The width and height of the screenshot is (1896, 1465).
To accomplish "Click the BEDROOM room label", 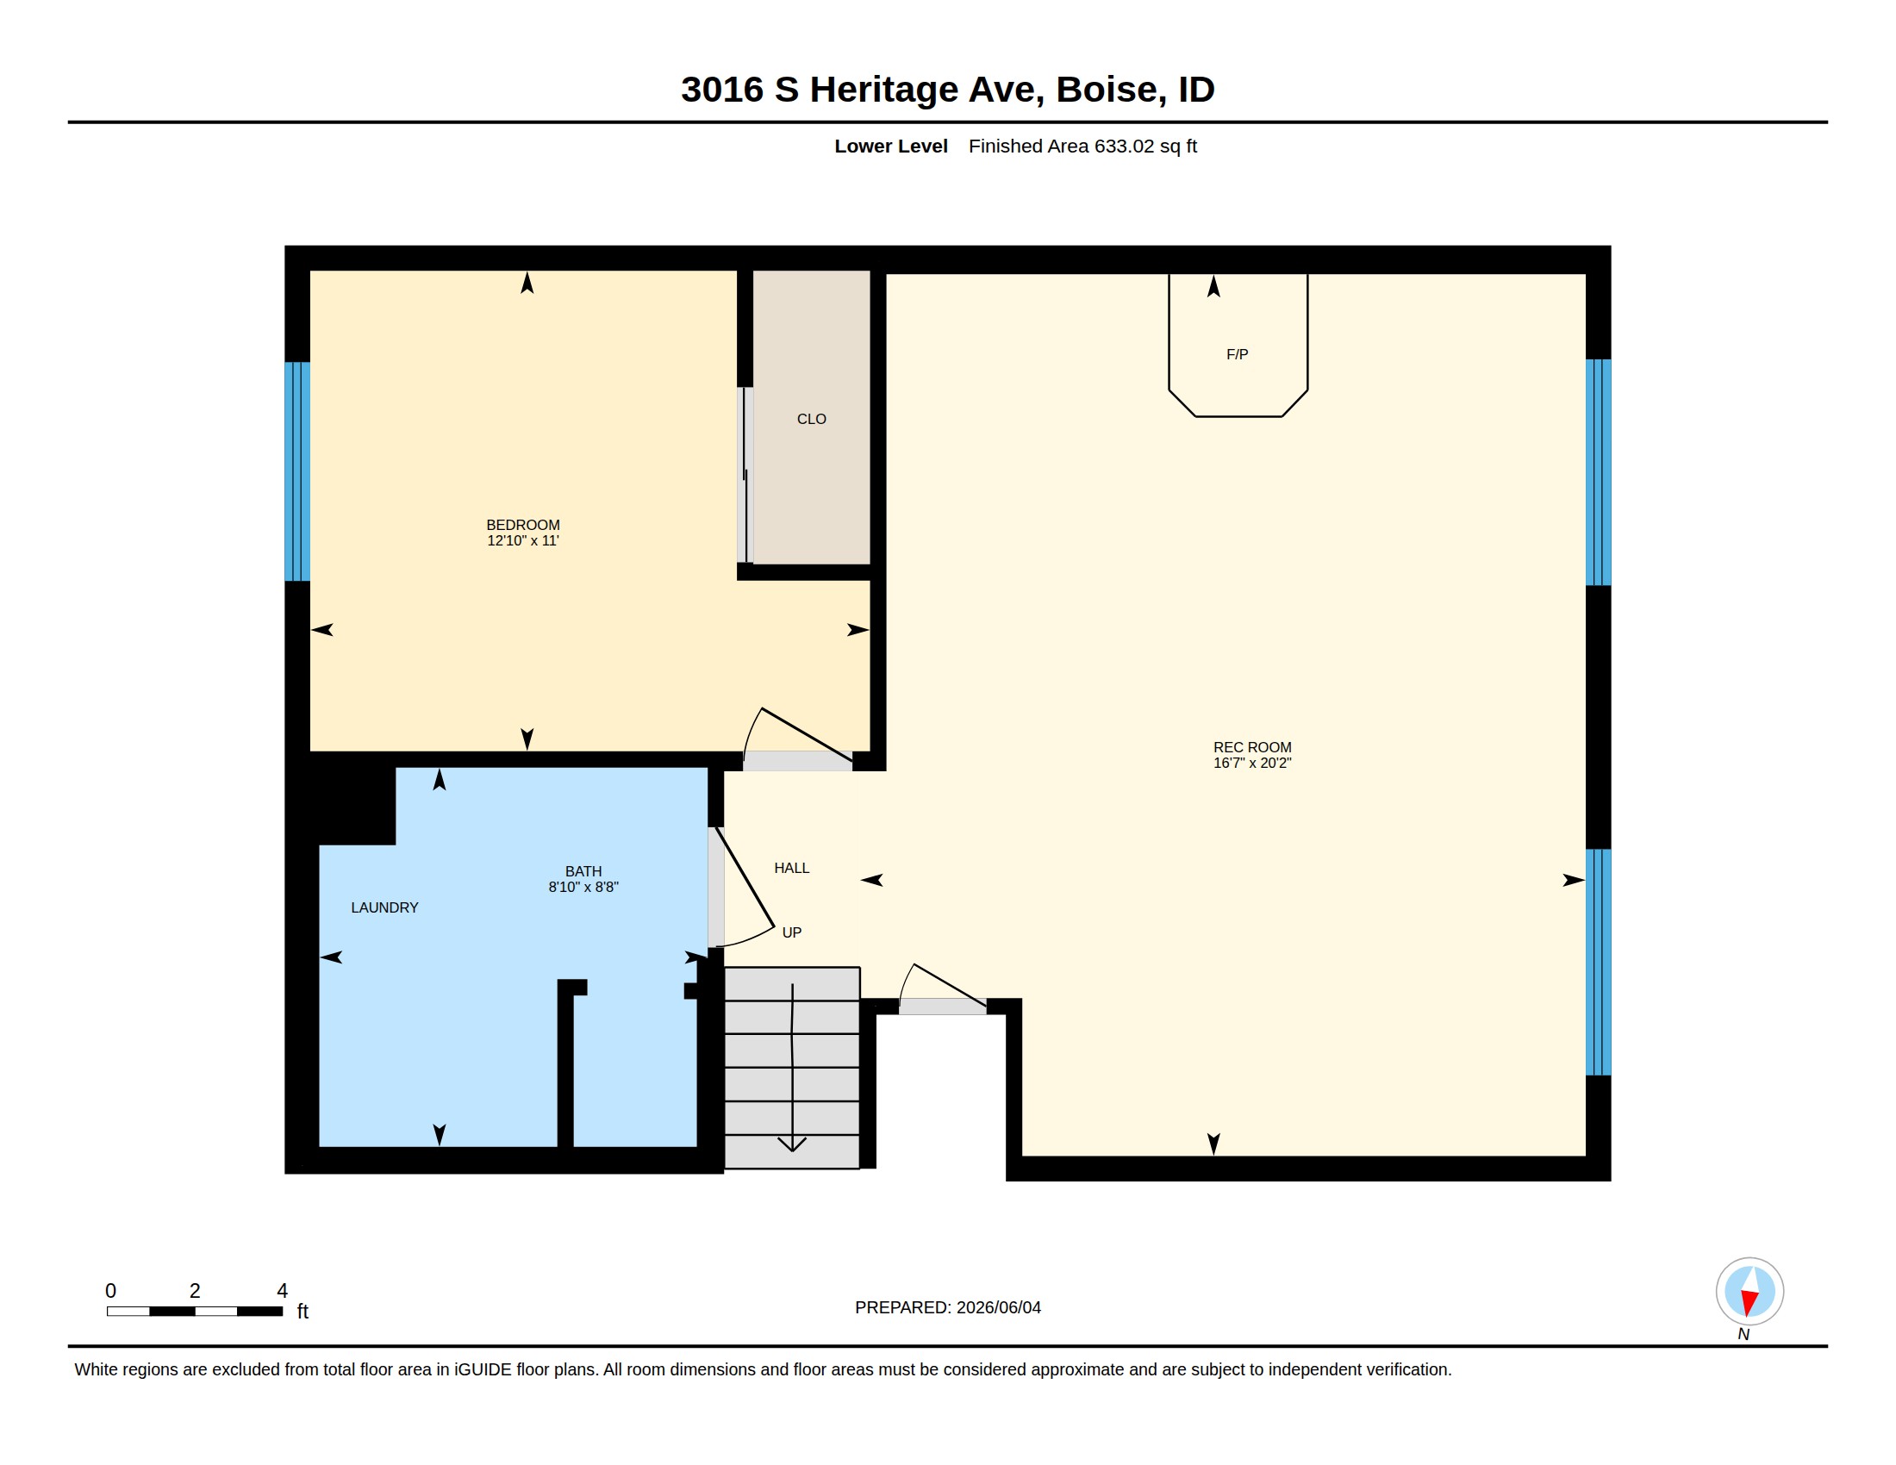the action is coord(522,525).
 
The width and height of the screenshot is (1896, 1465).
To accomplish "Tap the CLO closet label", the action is coord(811,419).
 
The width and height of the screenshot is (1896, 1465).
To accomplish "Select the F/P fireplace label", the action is coord(1237,354).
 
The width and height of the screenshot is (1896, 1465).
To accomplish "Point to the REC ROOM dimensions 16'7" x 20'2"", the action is coord(1252,763).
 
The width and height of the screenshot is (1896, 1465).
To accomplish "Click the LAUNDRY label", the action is coord(384,907).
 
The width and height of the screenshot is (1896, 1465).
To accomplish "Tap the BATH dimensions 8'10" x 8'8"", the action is coord(583,887).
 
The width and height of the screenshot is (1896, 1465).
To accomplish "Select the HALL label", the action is coord(792,868).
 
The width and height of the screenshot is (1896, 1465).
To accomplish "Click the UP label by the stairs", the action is coord(792,932).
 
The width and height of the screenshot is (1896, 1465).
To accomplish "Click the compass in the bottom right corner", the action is coord(1749,1291).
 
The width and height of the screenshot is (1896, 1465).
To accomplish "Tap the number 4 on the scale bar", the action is coord(282,1291).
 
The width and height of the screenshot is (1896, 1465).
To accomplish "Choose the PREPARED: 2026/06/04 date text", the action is coord(947,1307).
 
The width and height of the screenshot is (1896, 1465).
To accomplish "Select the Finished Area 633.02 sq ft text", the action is coord(1082,146).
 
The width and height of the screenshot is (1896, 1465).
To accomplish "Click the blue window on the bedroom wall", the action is coord(297,471).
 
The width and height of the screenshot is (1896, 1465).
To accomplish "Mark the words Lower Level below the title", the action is coord(891,146).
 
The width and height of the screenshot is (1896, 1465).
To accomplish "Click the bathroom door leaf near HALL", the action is coord(744,877).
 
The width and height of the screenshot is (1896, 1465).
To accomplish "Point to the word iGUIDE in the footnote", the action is coord(483,1369).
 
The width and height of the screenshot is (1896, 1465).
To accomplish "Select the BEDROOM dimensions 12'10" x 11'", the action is coord(522,540).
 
